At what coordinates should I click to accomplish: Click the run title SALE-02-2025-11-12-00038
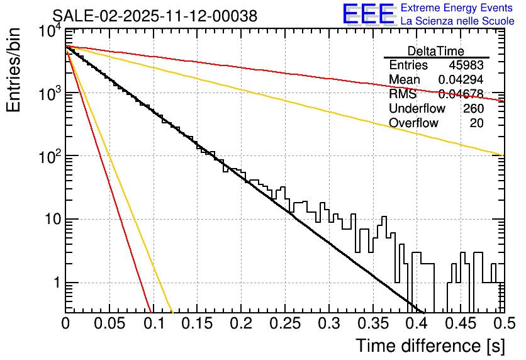[155, 16]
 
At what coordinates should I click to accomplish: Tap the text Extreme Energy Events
[456, 8]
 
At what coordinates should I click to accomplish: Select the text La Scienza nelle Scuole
[457, 21]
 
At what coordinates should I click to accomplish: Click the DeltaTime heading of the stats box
[436, 51]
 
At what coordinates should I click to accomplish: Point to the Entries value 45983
[466, 65]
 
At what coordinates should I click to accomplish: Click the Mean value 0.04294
[461, 80]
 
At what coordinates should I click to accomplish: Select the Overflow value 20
[477, 123]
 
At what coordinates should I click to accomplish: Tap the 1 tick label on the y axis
[55, 283]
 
